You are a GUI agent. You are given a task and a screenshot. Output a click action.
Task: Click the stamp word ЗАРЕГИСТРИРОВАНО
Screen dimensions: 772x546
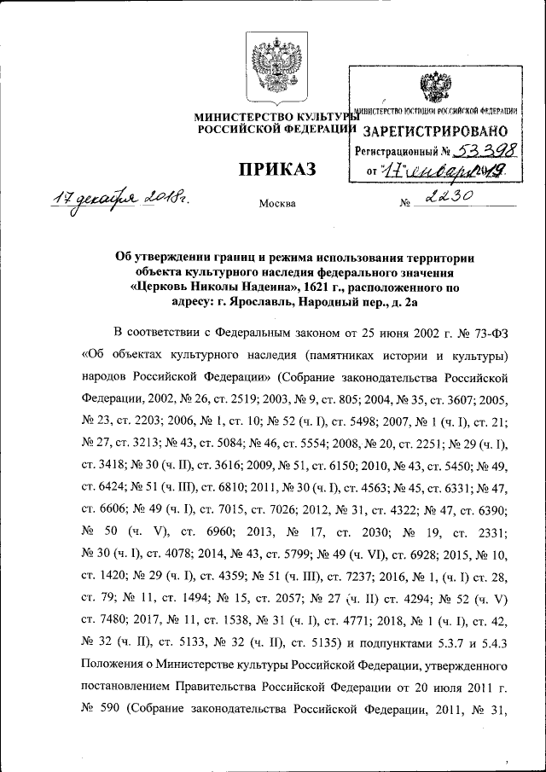436,131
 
